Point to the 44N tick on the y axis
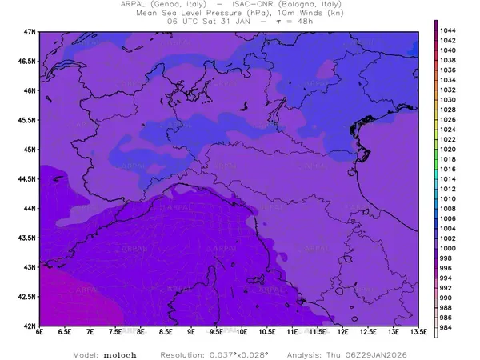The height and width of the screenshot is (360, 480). (30, 208)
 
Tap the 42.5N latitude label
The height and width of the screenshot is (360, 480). (26, 297)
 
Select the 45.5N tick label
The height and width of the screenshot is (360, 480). (26, 120)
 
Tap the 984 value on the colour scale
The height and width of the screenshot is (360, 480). (449, 328)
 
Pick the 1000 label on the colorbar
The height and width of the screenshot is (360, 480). (449, 249)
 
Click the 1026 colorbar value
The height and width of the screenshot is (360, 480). (449, 119)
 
